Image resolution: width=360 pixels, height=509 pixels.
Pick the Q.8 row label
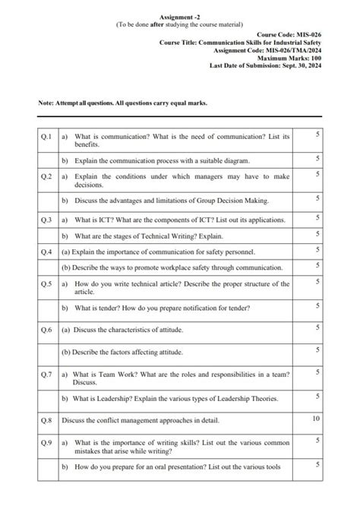click(x=45, y=419)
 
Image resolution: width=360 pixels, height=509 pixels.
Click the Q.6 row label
click(x=45, y=329)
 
